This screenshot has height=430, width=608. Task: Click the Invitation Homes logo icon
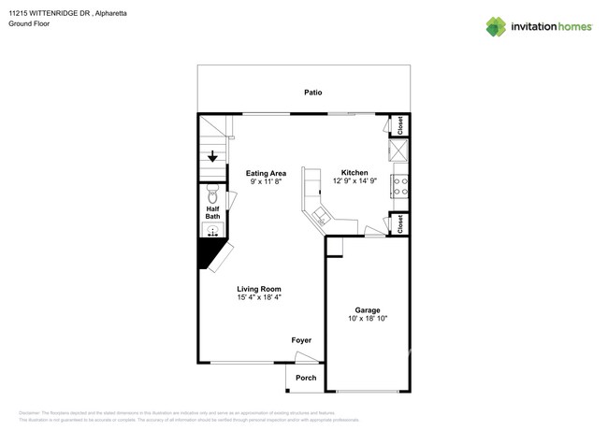[x=498, y=26]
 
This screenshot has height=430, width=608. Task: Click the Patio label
[x=312, y=93]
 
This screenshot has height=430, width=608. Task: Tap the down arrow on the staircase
[x=212, y=156]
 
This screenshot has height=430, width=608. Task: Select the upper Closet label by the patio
[x=399, y=125]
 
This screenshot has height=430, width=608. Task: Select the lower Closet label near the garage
[x=399, y=223]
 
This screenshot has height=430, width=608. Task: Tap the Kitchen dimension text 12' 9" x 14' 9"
[x=355, y=181]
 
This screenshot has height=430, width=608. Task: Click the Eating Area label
[x=266, y=173]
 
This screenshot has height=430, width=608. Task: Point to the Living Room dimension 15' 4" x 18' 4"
[x=258, y=297]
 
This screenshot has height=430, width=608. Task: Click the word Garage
[x=367, y=310]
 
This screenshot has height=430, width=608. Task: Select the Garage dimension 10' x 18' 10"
[x=367, y=319]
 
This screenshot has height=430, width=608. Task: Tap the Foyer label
[x=301, y=340]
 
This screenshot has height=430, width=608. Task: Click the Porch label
[x=306, y=378]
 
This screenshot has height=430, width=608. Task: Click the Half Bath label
[x=212, y=212]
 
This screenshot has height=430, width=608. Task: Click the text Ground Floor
[x=29, y=23]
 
